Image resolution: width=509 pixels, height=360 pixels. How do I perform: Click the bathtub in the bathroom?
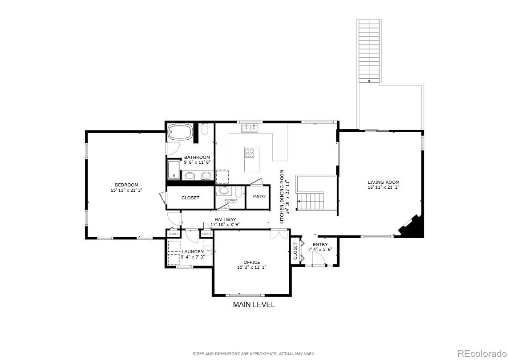[180, 132]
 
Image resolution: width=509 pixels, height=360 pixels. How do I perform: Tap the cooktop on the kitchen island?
[250, 154]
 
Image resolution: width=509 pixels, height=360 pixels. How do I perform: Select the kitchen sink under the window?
[250, 129]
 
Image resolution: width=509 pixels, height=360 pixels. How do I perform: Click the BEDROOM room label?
[126, 185]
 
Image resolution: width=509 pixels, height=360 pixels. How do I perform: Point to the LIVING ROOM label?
[383, 182]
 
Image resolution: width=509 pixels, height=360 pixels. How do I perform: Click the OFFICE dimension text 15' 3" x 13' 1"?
[251, 267]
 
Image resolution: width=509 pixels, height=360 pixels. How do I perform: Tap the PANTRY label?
[259, 196]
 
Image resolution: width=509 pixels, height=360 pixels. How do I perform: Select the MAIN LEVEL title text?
[254, 305]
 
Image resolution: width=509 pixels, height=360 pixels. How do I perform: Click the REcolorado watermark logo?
[482, 354]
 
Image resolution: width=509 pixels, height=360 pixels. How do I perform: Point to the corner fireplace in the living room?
[411, 226]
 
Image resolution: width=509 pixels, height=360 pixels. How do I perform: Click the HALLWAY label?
[225, 219]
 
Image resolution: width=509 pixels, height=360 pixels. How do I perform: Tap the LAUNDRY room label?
[192, 251]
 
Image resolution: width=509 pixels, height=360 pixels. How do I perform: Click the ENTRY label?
[320, 244]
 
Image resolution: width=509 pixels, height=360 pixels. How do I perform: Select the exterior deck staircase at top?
[369, 51]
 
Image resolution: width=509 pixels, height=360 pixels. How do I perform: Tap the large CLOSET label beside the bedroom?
[190, 198]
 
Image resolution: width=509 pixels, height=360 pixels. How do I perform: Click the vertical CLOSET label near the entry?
[295, 251]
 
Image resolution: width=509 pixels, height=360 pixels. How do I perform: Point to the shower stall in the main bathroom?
[174, 170]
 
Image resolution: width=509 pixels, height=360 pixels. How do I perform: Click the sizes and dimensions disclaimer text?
[253, 354]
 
